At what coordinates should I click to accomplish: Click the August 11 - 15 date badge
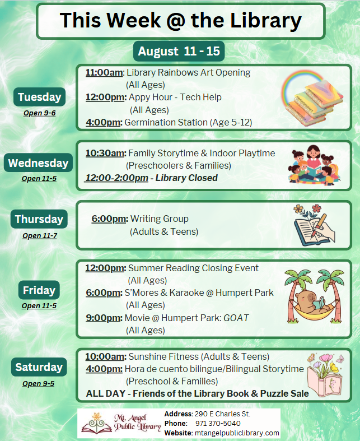tap(179, 51)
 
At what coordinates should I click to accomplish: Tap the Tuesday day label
tap(39, 97)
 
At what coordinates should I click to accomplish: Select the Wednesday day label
tap(38, 163)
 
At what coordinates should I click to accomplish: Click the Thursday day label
tap(39, 219)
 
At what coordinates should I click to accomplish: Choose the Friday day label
tap(39, 290)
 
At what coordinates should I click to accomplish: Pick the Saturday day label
tap(39, 367)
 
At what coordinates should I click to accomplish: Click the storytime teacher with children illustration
tap(314, 165)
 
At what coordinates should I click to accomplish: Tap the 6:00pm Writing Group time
tap(110, 219)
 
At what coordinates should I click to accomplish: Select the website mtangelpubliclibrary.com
tap(237, 433)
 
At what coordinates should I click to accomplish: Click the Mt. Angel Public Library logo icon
tap(97, 423)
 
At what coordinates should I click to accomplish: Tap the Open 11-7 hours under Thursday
tap(40, 236)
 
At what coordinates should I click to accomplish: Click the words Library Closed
tap(186, 178)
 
